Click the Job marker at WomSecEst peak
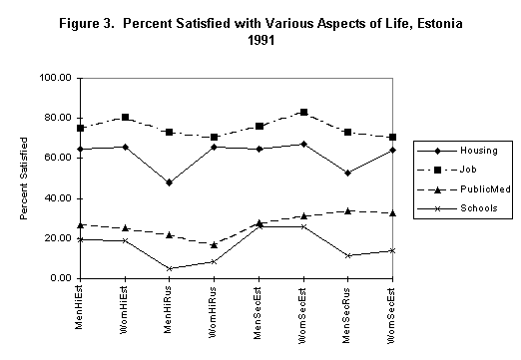303,113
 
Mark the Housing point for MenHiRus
169,182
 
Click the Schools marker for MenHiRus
169,268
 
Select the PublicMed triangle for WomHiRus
214,244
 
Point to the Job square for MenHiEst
79,128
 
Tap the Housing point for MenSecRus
347,173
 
